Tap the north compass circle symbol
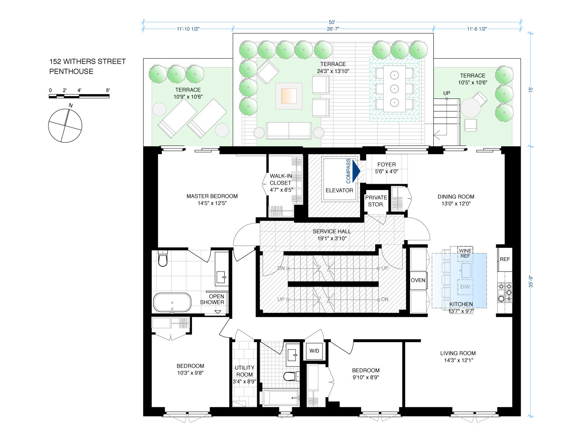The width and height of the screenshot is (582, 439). [x=65, y=126]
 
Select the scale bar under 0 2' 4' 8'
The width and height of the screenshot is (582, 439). [x=79, y=96]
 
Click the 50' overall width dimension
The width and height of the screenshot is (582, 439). [x=332, y=22]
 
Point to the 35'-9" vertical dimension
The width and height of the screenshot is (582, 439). [x=530, y=281]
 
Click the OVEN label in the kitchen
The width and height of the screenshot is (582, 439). [x=418, y=280]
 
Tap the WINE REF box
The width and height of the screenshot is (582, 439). [x=465, y=253]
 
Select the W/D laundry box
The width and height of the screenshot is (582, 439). [x=314, y=351]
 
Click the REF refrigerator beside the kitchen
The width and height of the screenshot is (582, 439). [x=504, y=259]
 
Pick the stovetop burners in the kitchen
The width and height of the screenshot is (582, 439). [x=505, y=292]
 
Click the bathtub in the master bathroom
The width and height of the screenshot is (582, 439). [x=172, y=302]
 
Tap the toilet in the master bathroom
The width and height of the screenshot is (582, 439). [x=163, y=258]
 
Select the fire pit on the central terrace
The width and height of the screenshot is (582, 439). [x=289, y=96]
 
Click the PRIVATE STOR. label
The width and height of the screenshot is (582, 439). [x=376, y=201]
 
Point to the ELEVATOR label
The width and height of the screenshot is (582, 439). [x=339, y=190]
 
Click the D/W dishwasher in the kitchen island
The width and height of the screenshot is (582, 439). [x=465, y=287]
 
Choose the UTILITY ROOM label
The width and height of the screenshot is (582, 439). [x=244, y=371]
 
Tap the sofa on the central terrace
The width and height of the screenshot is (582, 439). [x=289, y=131]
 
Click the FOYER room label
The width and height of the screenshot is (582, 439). [x=386, y=164]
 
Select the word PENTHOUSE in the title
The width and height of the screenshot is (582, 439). [x=71, y=71]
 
